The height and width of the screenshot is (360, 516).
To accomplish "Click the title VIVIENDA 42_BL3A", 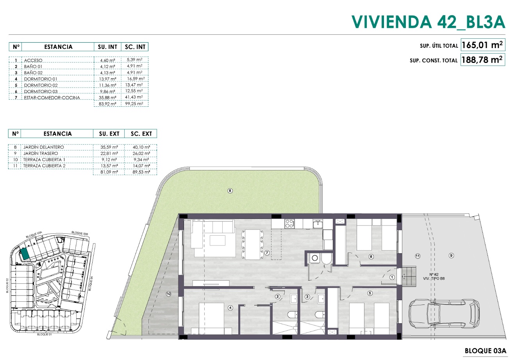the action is click(x=428, y=22).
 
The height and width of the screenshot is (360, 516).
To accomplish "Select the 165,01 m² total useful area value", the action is click(x=482, y=45).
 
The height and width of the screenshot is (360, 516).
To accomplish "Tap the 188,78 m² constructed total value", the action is click(x=482, y=60).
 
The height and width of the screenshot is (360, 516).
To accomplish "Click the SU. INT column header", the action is click(x=107, y=47).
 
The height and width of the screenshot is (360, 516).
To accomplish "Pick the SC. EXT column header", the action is click(x=141, y=134).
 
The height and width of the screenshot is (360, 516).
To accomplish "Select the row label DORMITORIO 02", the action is click(x=41, y=85).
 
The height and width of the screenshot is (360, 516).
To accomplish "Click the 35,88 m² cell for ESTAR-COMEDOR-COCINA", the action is click(x=107, y=97).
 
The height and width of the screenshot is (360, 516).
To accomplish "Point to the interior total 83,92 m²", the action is click(x=107, y=104).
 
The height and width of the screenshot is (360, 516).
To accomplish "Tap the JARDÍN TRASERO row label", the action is click(x=41, y=153).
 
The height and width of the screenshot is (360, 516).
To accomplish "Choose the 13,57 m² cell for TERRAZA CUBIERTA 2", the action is click(x=109, y=166).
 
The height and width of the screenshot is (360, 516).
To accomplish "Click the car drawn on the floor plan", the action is click(x=444, y=313).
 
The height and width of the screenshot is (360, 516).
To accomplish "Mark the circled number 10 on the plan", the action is click(x=169, y=294).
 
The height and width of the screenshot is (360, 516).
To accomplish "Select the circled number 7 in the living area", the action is click(x=267, y=253).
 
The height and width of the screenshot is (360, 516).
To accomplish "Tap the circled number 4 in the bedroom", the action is click(x=230, y=308).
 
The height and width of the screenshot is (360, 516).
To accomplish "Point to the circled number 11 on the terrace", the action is click(x=418, y=256).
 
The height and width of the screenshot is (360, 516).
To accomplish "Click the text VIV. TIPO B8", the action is click(x=434, y=279).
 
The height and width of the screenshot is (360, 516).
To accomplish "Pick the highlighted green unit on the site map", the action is click(x=25, y=254).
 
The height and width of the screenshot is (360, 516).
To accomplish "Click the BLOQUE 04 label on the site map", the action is click(x=91, y=283).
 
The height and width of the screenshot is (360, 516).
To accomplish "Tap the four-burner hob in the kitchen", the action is click(x=289, y=223).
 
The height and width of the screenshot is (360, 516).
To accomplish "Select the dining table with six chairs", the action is click(x=252, y=244).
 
